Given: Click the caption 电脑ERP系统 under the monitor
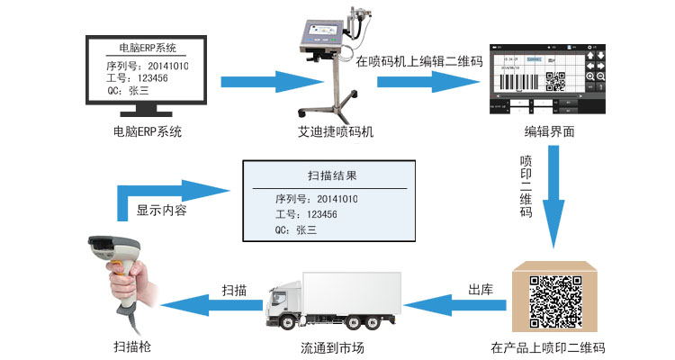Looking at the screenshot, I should (147, 132).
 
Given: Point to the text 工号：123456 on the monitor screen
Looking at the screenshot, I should (137, 79).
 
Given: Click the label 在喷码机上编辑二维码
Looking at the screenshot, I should (419, 63).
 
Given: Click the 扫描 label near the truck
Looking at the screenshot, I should (234, 291).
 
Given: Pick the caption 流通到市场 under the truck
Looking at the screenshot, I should (333, 347).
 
